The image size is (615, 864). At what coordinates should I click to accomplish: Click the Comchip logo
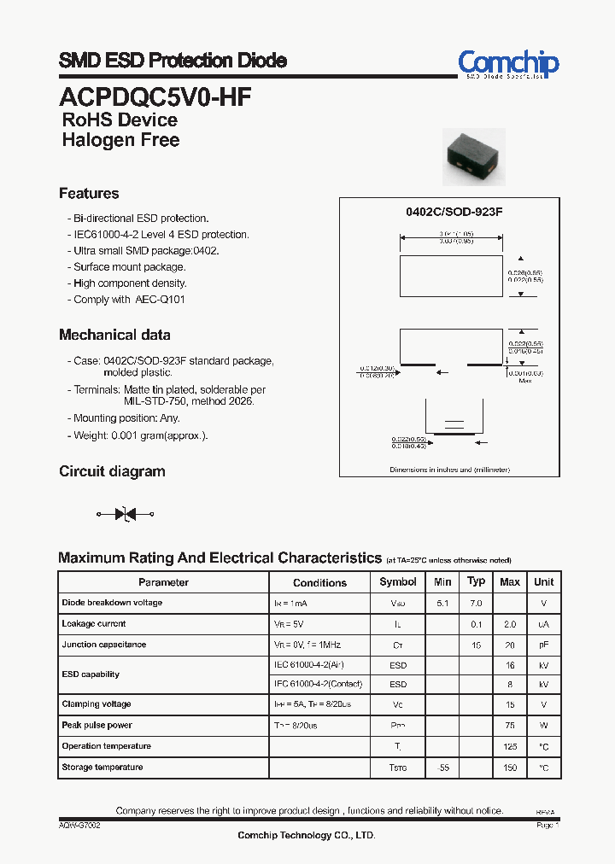(508, 64)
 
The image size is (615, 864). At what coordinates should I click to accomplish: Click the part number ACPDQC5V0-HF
(155, 96)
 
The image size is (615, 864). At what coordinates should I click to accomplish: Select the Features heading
(89, 194)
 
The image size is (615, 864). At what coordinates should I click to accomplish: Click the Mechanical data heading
(114, 336)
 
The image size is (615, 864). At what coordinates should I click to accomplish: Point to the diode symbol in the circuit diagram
(126, 514)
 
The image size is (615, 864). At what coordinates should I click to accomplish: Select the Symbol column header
(398, 582)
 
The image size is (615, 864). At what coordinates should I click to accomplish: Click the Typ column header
(477, 581)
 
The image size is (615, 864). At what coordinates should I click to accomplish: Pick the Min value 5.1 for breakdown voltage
(442, 603)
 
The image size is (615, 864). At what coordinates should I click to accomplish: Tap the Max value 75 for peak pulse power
(509, 726)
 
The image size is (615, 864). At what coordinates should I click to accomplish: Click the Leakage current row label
(94, 624)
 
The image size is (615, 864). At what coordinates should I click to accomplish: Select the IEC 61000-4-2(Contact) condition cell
(319, 685)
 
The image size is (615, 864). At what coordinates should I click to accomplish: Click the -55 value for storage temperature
(442, 768)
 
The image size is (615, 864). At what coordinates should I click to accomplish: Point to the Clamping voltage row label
(97, 705)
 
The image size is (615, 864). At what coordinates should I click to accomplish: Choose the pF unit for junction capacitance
(543, 645)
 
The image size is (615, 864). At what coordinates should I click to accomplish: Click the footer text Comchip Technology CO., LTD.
(306, 836)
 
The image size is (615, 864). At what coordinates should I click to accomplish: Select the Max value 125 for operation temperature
(509, 747)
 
